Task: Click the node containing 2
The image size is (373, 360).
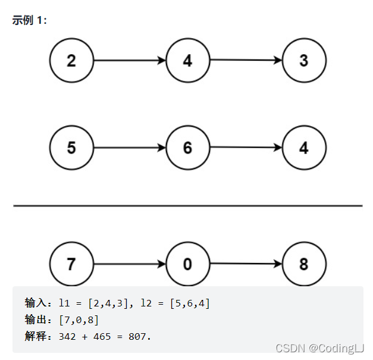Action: pyautogui.click(x=71, y=61)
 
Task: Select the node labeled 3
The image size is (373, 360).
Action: pyautogui.click(x=304, y=61)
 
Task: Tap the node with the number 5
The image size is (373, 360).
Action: pyautogui.click(x=71, y=148)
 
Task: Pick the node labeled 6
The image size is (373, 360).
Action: pyautogui.click(x=188, y=148)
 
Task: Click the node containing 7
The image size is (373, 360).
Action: pyautogui.click(x=71, y=264)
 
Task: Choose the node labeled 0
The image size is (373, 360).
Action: pyautogui.click(x=188, y=264)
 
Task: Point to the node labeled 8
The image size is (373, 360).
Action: pyautogui.click(x=304, y=264)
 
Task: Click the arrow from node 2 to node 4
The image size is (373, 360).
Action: pyautogui.click(x=130, y=61)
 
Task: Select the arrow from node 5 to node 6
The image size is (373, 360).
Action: pyautogui.click(x=130, y=148)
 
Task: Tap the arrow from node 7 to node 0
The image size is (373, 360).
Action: pyautogui.click(x=130, y=264)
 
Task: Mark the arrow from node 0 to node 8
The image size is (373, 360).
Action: pyautogui.click(x=246, y=264)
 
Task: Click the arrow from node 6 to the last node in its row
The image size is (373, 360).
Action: pyautogui.click(x=246, y=148)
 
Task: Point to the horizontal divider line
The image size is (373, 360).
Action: pyautogui.click(x=188, y=206)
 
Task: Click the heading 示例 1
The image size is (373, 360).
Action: pyautogui.click(x=29, y=20)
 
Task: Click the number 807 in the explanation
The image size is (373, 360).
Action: pyautogui.click(x=137, y=337)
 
